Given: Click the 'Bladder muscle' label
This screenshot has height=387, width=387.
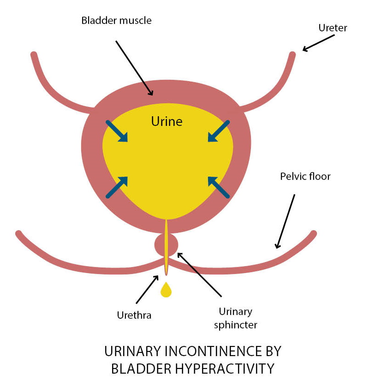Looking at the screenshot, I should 116,21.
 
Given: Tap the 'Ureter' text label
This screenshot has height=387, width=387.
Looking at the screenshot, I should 333,28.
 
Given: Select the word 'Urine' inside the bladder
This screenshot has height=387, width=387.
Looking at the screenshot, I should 167,122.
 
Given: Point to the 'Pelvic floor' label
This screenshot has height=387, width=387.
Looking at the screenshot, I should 305,176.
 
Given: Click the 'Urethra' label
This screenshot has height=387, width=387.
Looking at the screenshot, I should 134,316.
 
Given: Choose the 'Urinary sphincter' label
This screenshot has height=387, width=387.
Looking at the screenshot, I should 235,319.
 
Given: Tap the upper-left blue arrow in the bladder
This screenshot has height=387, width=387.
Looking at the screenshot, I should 117,131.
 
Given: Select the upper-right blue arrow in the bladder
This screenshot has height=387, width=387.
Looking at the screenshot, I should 218,131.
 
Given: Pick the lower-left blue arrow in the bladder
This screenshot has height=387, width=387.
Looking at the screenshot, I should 117,187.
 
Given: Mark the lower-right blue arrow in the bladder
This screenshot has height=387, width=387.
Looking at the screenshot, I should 218,187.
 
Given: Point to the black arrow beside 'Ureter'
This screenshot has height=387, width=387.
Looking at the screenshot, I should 318,42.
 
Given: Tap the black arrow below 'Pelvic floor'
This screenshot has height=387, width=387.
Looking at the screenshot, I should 285,220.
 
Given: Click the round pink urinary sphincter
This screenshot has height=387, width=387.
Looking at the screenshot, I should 166,244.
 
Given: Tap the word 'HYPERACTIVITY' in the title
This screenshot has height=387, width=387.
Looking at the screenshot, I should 214,369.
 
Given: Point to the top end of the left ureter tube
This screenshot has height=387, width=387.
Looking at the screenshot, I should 34,55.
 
